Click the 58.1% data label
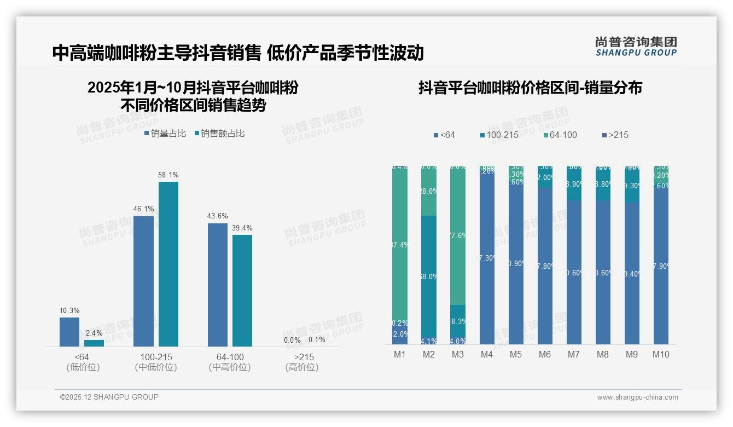[168, 175]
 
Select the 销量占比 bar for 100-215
[143, 281]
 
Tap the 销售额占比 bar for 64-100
[242, 290]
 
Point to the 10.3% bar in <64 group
[69, 332]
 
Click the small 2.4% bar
[94, 343]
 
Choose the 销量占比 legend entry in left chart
[165, 133]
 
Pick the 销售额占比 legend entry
[220, 133]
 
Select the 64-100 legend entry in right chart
[559, 135]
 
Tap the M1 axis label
[400, 354]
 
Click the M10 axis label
[661, 354]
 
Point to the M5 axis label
[516, 354]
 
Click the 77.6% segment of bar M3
[458, 235]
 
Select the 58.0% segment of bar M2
[429, 276]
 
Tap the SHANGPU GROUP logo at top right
[636, 46]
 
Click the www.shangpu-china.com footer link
[637, 397]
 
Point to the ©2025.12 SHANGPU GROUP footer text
[109, 397]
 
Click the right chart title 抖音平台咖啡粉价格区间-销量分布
[530, 88]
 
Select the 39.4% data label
[242, 228]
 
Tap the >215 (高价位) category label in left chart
[302, 362]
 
